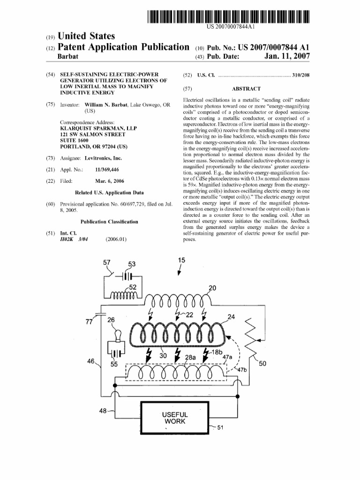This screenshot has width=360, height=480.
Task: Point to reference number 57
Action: coord(107,263)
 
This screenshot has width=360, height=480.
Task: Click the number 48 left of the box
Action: coord(104,411)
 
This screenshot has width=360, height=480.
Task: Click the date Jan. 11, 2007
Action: coord(287,57)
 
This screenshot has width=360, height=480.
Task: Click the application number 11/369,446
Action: coord(107,169)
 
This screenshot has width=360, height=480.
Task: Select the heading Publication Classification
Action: coord(109,222)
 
